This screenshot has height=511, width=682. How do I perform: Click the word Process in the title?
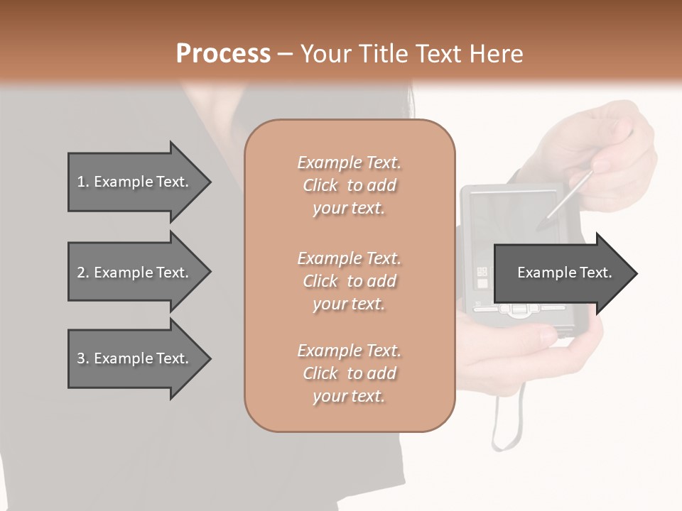[223, 54]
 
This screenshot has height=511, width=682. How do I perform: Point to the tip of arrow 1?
[210, 182]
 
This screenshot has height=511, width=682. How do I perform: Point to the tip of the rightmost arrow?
[637, 273]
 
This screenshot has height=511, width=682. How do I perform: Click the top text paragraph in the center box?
[349, 185]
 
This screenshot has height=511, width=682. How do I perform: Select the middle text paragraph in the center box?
[349, 281]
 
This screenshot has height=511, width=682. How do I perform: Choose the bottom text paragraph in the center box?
[349, 373]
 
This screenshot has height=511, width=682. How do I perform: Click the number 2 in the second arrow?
[80, 273]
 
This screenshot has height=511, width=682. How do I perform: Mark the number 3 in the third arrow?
[80, 358]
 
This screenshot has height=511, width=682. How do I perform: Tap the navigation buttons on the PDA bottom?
[519, 309]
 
